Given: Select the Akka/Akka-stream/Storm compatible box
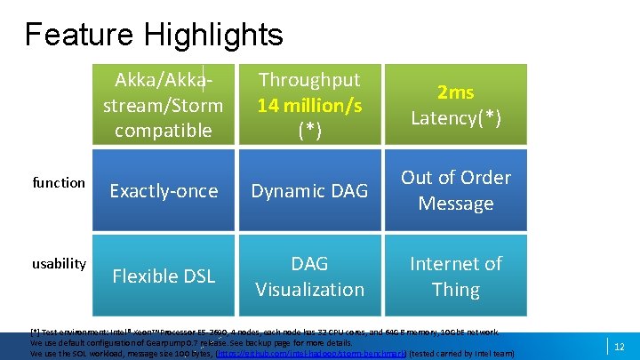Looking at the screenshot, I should [168, 104].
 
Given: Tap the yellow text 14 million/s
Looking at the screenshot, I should [309, 106].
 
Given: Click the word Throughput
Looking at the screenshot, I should [309, 80].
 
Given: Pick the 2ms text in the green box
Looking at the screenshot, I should [456, 92].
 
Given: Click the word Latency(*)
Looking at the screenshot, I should [456, 118].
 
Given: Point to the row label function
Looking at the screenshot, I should [59, 183].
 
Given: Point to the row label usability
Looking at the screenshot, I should [59, 263].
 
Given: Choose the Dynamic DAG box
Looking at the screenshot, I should [309, 190].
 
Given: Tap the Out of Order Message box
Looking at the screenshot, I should [456, 190].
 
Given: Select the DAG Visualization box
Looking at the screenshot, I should [309, 276].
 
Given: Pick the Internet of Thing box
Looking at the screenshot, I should [456, 276].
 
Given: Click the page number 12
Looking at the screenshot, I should [619, 346].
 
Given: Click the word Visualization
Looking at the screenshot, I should [309, 290].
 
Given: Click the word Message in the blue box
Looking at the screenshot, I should [456, 204].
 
